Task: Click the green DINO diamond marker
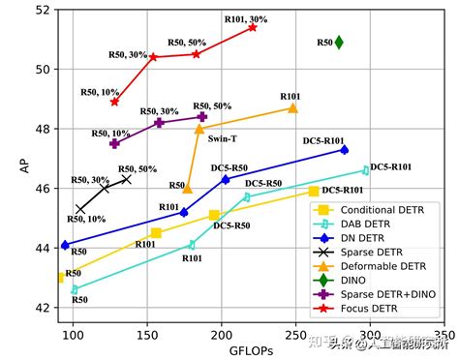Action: click(x=339, y=42)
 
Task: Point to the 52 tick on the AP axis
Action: click(x=43, y=10)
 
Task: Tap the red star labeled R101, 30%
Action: click(x=253, y=27)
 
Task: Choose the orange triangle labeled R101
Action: click(x=292, y=108)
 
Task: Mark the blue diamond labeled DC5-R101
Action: click(x=344, y=149)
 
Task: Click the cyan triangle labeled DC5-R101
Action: click(x=365, y=170)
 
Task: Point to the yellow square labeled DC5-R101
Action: click(x=314, y=191)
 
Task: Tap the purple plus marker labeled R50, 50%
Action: click(x=201, y=116)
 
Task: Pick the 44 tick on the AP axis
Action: click(x=43, y=248)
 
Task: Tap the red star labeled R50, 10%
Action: click(x=114, y=102)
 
